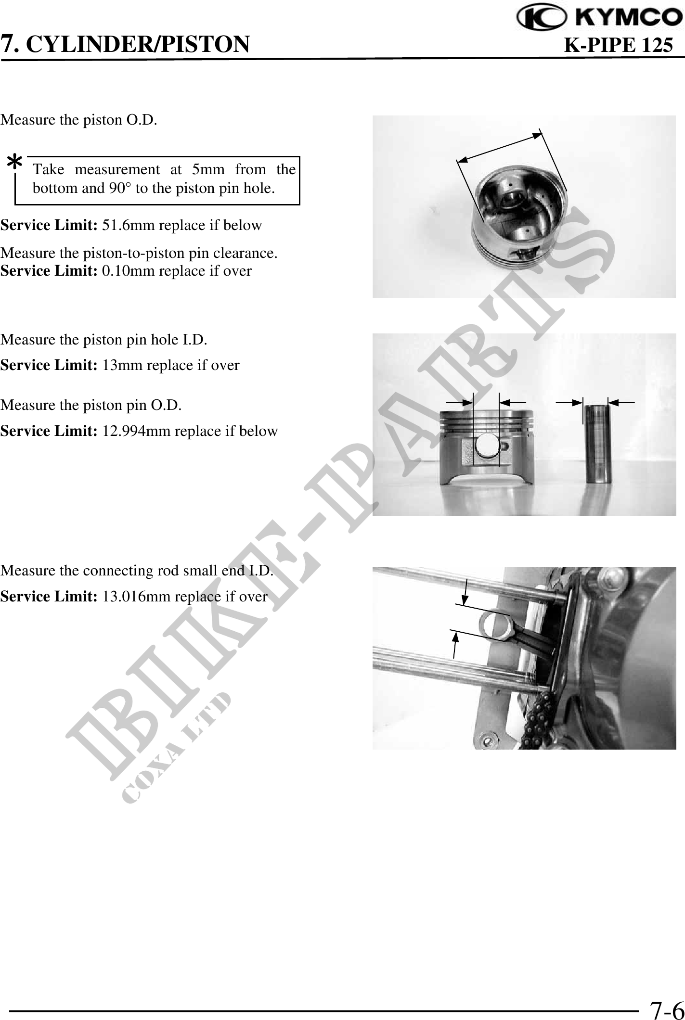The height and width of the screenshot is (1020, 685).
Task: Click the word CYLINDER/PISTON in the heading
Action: click(137, 44)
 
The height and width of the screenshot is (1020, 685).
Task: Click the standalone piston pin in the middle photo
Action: click(596, 443)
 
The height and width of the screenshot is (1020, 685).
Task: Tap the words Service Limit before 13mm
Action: click(50, 365)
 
